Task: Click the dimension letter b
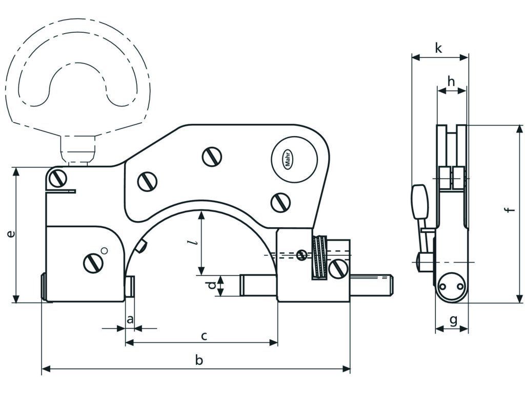click(x=199, y=360)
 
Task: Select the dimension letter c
click(x=204, y=336)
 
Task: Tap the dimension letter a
click(x=130, y=320)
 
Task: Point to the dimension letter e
click(x=11, y=234)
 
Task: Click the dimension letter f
click(x=510, y=209)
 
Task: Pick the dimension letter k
click(x=439, y=48)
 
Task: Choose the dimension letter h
click(x=451, y=81)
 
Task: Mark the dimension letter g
click(x=453, y=321)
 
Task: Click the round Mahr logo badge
click(x=294, y=159)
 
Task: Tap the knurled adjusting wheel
click(x=320, y=257)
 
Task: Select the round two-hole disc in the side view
click(x=452, y=287)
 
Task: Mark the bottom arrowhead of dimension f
click(x=519, y=298)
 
